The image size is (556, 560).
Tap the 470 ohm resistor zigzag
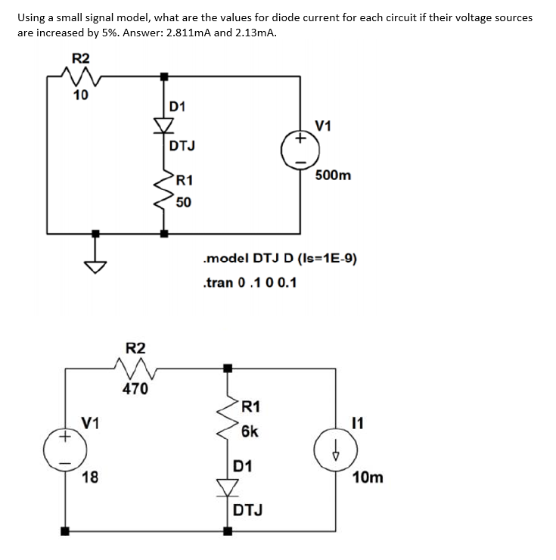click(135, 369)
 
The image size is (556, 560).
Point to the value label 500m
click(334, 176)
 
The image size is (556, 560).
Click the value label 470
click(135, 390)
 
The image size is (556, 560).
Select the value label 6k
click(250, 431)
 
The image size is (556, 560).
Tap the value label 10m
click(368, 478)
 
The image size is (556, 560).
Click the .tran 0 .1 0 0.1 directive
click(250, 282)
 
